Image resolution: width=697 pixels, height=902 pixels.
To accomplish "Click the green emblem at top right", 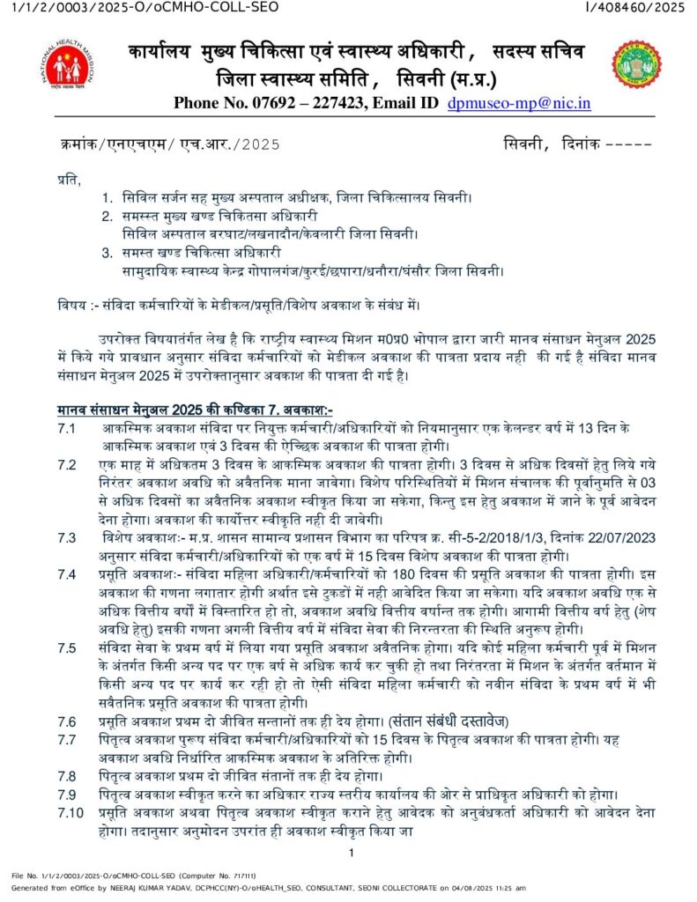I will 636,63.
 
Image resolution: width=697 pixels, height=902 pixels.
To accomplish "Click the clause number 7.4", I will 66,574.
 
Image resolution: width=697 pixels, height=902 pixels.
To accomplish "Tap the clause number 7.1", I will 66,427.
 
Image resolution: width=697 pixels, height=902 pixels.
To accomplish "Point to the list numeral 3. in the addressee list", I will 108,253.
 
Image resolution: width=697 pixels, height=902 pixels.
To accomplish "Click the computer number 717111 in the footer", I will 244,876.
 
